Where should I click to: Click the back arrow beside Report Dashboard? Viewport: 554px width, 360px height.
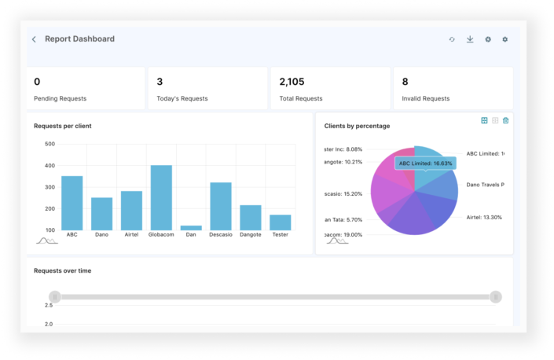[x=34, y=39]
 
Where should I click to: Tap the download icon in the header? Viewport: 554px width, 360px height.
[x=470, y=39]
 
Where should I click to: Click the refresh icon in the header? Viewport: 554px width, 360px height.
[x=452, y=39]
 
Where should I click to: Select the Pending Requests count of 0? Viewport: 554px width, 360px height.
[x=37, y=82]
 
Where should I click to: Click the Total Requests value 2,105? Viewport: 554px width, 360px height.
[x=292, y=82]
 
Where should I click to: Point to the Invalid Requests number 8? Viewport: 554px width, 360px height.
[x=405, y=82]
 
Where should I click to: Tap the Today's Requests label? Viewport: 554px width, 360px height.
[x=182, y=98]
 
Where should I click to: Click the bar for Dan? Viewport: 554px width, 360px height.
[x=191, y=227]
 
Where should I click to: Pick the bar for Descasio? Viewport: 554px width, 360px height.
[x=221, y=205]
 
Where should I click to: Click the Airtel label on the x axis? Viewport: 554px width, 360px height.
[x=131, y=234]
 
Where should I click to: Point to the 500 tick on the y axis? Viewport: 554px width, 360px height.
[x=50, y=144]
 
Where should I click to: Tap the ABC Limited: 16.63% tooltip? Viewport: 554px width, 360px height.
[x=425, y=163]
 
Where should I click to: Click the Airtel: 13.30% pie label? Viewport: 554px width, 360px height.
[x=484, y=217]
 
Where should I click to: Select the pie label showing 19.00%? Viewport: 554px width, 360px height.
[x=343, y=234]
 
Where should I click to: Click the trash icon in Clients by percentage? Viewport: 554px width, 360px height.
[x=505, y=120]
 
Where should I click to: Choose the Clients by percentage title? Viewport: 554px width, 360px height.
[x=357, y=126]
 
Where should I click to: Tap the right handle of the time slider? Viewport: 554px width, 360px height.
[x=495, y=296]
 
